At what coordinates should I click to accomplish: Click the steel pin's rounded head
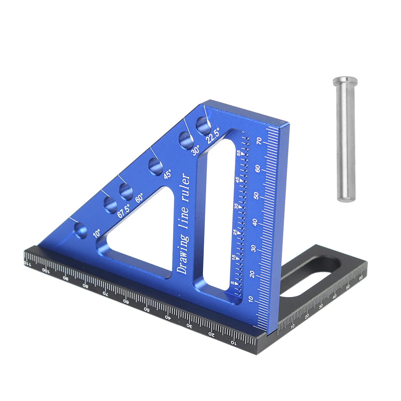click(x=345, y=83)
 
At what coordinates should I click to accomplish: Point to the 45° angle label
click(x=167, y=174)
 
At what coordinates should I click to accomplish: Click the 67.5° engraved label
click(x=124, y=211)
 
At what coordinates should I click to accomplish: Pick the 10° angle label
click(x=97, y=233)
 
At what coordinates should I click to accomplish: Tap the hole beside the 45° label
click(x=155, y=166)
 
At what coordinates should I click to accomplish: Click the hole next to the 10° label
click(x=81, y=231)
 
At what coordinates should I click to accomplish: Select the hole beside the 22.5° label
click(x=203, y=126)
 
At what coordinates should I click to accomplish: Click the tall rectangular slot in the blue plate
click(x=219, y=213)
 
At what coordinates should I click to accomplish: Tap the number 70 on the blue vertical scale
click(x=259, y=141)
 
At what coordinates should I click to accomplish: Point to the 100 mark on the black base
click(x=46, y=270)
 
